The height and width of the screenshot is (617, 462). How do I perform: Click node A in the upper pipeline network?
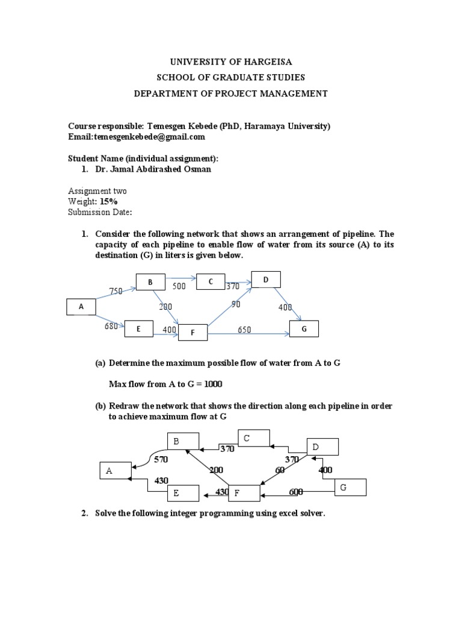click(x=81, y=307)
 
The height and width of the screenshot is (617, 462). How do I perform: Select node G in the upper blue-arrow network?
click(x=304, y=329)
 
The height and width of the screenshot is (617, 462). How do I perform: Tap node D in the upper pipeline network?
click(x=265, y=280)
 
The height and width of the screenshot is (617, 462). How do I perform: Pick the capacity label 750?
click(x=116, y=291)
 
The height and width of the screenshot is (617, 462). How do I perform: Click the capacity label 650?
click(x=244, y=330)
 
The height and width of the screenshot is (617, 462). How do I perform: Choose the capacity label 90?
click(x=236, y=304)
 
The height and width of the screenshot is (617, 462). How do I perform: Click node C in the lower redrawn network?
click(x=254, y=439)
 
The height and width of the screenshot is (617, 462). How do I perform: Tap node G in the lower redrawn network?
click(x=350, y=487)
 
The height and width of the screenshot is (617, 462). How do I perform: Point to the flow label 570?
click(x=161, y=459)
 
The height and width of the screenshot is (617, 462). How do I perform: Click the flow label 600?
click(x=296, y=492)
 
